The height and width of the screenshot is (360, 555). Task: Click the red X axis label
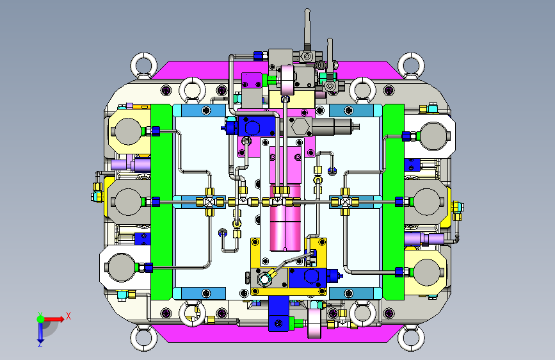tap(68, 316)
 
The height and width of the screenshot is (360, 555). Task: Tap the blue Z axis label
tap(40, 344)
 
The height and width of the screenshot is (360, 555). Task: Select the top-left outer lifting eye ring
tap(143, 65)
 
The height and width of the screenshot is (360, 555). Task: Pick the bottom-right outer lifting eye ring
tap(411, 338)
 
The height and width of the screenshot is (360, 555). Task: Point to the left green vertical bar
tap(162, 202)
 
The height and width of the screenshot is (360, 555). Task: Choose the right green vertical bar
tap(393, 202)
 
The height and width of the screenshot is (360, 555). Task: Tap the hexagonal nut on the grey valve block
tap(300, 126)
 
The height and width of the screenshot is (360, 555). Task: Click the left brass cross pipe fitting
tap(210, 202)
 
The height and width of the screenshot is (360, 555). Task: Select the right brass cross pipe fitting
tap(345, 202)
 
